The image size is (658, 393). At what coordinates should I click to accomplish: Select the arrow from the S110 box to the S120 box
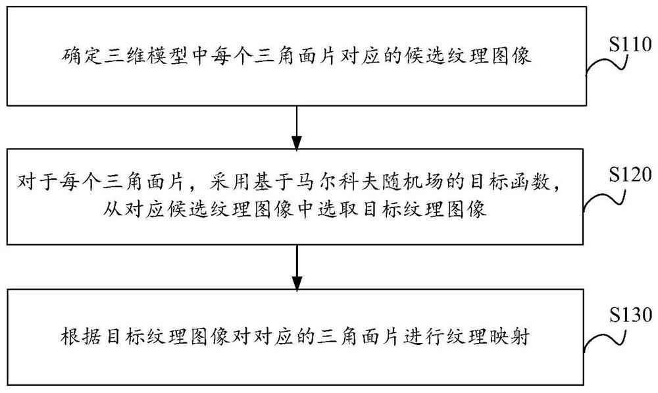tap(297, 126)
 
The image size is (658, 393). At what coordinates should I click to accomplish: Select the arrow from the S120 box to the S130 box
tap(297, 264)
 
